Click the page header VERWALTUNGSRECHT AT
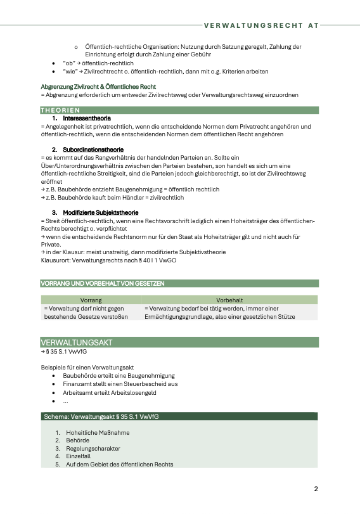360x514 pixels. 261,26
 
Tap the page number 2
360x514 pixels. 316,489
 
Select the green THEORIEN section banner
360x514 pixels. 179,110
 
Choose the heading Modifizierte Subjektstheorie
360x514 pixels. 101,212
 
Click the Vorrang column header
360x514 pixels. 91,299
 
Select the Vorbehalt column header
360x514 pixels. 229,299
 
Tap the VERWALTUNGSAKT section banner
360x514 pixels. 179,342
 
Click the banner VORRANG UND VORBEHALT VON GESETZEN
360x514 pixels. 103,283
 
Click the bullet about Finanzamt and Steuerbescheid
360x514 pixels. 120,384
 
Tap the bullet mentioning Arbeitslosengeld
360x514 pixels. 109,392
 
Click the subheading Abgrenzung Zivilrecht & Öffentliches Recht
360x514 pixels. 98,86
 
